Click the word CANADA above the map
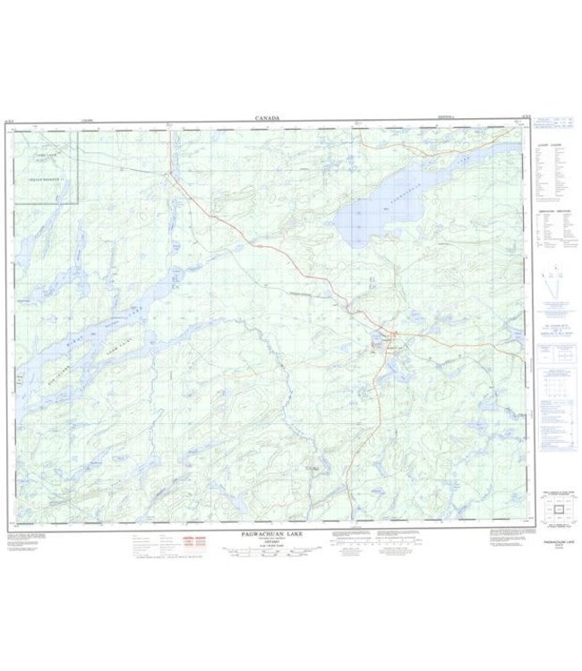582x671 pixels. (x=267, y=118)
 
